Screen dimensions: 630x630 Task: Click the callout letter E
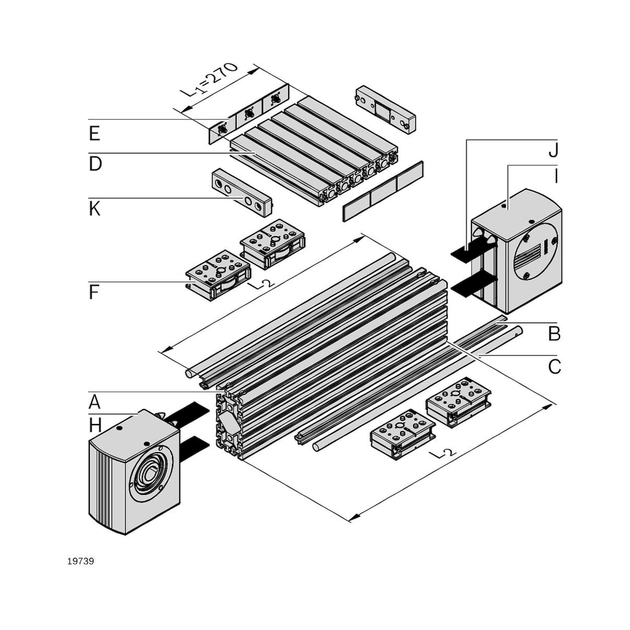tap(94, 134)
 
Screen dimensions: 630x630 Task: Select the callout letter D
tap(95, 164)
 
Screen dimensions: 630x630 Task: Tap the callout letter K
tap(94, 209)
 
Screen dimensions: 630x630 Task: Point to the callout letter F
tap(94, 293)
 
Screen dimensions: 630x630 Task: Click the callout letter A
tap(94, 402)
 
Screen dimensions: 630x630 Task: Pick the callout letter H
tap(95, 426)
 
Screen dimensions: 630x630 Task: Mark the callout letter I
tap(556, 176)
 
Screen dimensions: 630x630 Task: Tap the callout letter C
tap(554, 367)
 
